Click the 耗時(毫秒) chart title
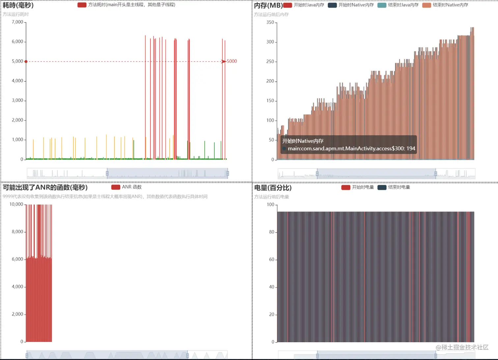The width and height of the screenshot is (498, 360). (18, 5)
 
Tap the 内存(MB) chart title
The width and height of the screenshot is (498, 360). (268, 5)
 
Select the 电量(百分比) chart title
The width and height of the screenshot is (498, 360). (273, 188)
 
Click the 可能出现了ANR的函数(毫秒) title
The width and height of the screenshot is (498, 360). (45, 187)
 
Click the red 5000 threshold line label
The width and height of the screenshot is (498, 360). (232, 61)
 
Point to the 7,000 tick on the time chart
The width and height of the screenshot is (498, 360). (17, 22)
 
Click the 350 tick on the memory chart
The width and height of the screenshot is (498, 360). (270, 22)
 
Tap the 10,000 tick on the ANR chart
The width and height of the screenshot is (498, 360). (16, 204)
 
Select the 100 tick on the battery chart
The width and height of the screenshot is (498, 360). (270, 205)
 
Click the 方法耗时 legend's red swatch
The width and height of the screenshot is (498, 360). (82, 5)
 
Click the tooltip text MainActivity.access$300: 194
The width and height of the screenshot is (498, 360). (351, 149)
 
